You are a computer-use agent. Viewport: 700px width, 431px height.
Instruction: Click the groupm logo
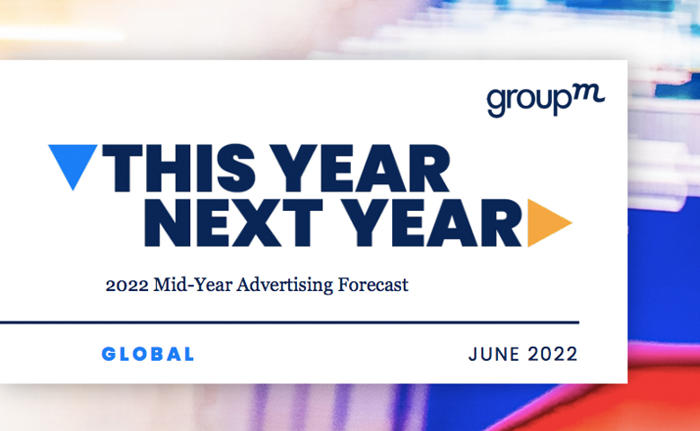click(x=546, y=100)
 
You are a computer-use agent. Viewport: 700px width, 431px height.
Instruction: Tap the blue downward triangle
click(x=73, y=163)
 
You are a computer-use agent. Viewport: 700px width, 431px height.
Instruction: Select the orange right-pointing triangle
click(x=549, y=223)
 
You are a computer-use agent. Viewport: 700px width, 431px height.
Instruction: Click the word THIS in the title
click(x=179, y=169)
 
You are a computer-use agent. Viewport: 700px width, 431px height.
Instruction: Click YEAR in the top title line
click(x=361, y=169)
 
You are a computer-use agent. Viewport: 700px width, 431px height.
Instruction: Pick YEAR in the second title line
click(x=433, y=223)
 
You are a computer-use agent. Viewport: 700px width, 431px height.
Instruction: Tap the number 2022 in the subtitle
click(x=127, y=285)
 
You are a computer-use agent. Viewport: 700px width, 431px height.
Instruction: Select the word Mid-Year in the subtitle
click(x=193, y=285)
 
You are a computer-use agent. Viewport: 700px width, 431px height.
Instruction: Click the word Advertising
click(x=284, y=285)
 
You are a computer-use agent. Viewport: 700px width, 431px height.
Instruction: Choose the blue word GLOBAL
click(x=148, y=354)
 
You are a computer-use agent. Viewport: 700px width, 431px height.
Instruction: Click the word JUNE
click(x=494, y=355)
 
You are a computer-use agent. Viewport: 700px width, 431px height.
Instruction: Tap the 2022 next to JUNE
click(x=553, y=355)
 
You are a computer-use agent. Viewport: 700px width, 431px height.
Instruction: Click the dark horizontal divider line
click(x=289, y=322)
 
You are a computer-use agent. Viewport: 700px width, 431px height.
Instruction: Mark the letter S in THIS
click(x=236, y=169)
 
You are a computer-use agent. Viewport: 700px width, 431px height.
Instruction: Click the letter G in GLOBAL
click(x=108, y=354)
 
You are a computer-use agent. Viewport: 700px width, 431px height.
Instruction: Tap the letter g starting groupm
click(x=495, y=103)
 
